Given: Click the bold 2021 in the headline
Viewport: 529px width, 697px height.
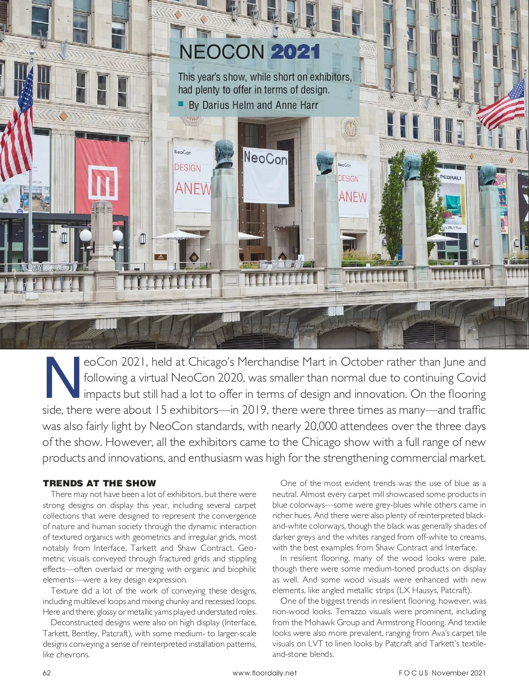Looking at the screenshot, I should (x=295, y=52).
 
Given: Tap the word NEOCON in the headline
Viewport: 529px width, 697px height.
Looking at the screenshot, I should (x=222, y=52).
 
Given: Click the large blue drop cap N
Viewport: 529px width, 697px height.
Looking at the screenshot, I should (x=62, y=377).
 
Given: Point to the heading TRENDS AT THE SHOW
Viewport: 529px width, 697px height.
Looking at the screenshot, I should (x=100, y=483).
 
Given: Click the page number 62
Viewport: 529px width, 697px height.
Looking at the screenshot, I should (x=47, y=673).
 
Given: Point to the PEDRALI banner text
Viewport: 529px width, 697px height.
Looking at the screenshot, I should (x=450, y=178).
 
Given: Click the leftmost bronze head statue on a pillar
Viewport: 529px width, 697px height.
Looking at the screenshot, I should (x=224, y=154).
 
